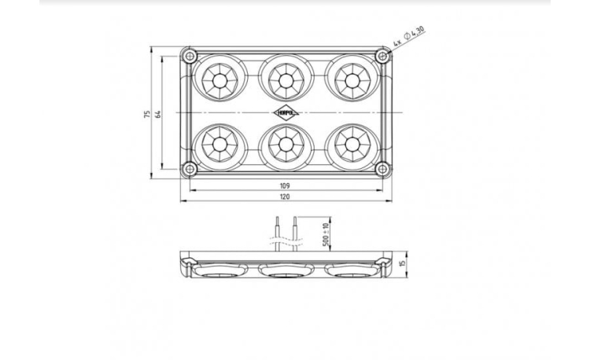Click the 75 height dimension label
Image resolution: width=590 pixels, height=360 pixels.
tap(147, 114)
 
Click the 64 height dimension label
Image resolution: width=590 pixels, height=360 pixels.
tap(158, 114)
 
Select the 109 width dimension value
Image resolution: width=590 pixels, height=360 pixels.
tap(285, 186)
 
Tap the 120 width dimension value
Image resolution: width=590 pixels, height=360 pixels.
tap(285, 197)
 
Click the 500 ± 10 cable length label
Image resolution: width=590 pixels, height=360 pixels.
tap(326, 235)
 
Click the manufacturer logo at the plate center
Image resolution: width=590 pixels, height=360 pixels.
tap(285, 112)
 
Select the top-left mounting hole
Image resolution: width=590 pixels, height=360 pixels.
tap(188, 56)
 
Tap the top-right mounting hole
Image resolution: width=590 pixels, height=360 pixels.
tap(382, 56)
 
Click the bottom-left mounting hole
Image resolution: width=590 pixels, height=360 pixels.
tap(188, 168)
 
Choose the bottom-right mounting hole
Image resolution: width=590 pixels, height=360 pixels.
tap(382, 168)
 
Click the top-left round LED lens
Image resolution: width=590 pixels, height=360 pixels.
tap(217, 79)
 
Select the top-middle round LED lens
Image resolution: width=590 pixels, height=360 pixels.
tap(285, 79)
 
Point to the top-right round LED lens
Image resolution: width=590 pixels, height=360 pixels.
tap(351, 79)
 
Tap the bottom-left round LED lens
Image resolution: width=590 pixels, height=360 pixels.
tap(217, 145)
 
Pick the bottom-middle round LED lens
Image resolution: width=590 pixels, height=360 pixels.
tap(285, 145)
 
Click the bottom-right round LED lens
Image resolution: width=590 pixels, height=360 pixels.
tap(351, 145)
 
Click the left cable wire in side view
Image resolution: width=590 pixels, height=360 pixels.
tap(276, 232)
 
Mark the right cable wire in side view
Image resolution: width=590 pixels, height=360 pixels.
tap(293, 232)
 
